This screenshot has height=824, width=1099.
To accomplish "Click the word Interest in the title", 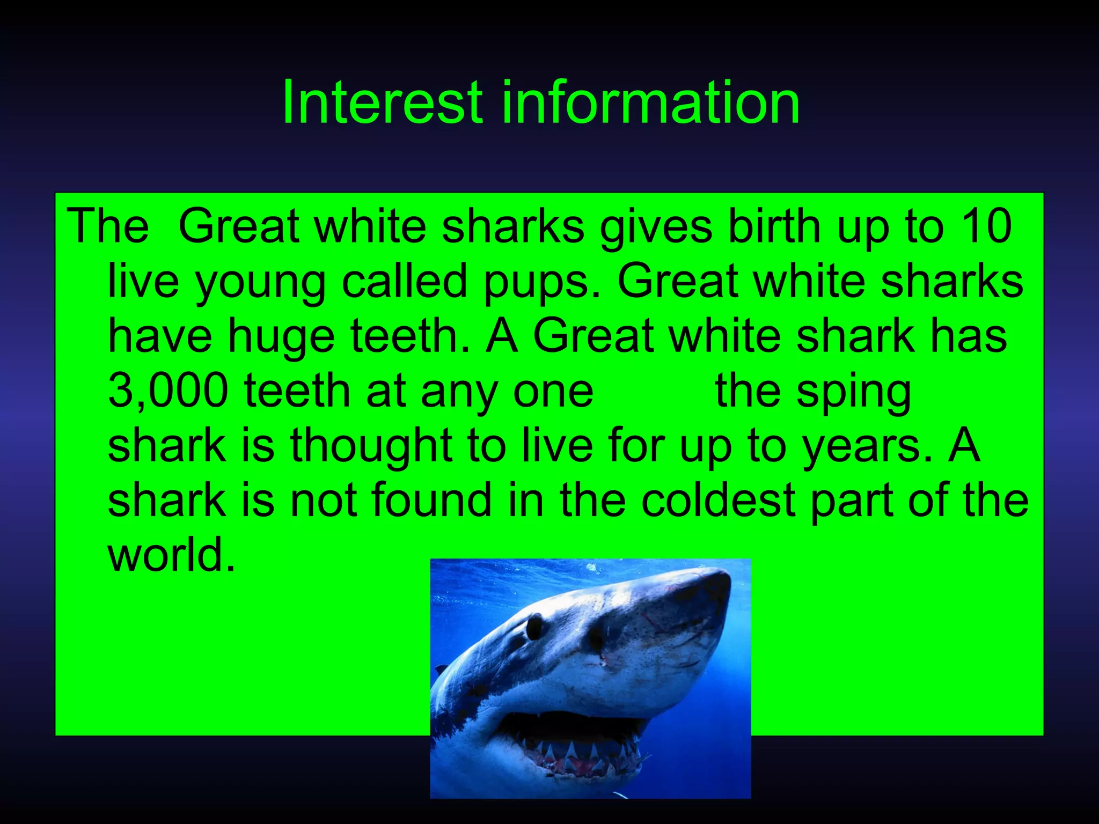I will [382, 102].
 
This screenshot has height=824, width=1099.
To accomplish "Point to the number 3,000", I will [168, 392].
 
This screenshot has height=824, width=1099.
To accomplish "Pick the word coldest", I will [718, 500].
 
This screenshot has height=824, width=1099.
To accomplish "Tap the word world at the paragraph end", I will [171, 555].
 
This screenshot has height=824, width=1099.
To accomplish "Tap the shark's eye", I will [534, 626].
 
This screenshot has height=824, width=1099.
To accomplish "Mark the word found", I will [431, 500].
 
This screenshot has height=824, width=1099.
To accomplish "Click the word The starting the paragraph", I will [107, 226].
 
